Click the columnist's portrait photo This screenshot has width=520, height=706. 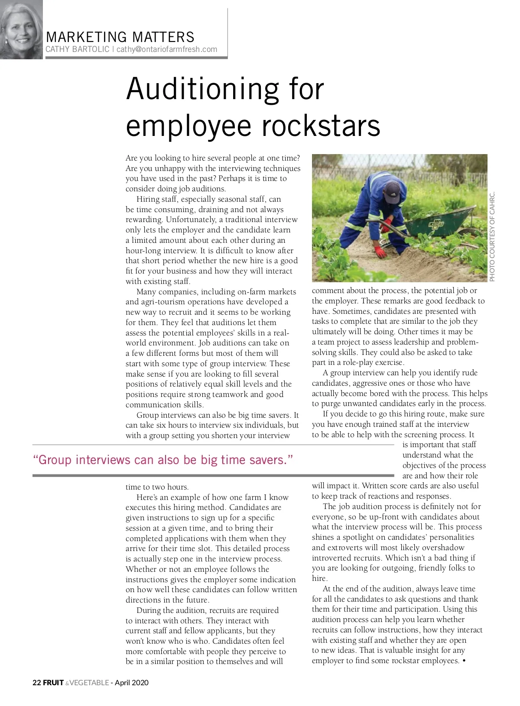[x=21, y=29]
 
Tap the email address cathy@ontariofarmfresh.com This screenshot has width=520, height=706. [x=167, y=49]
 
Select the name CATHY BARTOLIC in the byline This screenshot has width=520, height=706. [x=78, y=49]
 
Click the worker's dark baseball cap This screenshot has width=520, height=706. [x=392, y=192]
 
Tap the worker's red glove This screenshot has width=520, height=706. [x=380, y=251]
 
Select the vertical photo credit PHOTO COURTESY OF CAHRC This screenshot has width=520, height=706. [x=492, y=236]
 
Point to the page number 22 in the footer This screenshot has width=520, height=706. [x=36, y=683]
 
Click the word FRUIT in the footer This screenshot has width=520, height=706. [x=53, y=683]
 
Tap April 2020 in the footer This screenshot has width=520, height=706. [x=132, y=683]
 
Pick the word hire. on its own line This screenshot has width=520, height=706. [x=320, y=578]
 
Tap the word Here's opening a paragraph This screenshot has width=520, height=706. [x=149, y=497]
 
